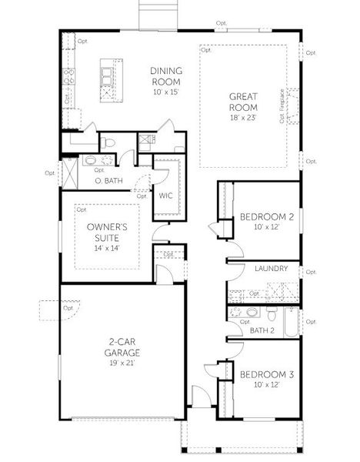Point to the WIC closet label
pos(165,196)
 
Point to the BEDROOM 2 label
pos(266,216)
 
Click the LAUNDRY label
pos(272,269)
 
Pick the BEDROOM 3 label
pos(266,374)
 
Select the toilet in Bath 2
pos(272,315)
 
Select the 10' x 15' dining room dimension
pos(165,92)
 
